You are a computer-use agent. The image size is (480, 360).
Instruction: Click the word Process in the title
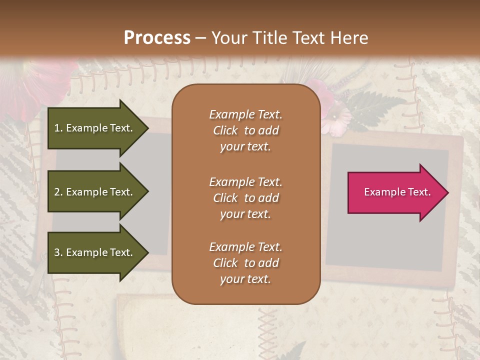(x=157, y=38)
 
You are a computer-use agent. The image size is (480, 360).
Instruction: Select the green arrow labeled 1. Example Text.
(x=95, y=128)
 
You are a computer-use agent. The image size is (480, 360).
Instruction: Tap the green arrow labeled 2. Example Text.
(x=95, y=192)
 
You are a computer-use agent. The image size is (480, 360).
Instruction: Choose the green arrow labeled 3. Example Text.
(x=95, y=252)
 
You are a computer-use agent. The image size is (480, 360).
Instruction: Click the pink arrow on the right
(x=395, y=192)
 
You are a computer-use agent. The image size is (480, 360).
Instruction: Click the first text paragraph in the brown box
(x=245, y=130)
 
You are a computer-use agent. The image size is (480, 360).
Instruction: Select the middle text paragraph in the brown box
(x=245, y=198)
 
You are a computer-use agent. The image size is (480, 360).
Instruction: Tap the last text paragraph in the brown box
(x=245, y=263)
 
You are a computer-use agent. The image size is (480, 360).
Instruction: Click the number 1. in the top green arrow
(x=58, y=128)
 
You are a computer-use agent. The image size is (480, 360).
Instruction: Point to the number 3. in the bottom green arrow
(x=58, y=252)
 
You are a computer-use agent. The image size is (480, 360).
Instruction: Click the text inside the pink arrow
(x=397, y=192)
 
